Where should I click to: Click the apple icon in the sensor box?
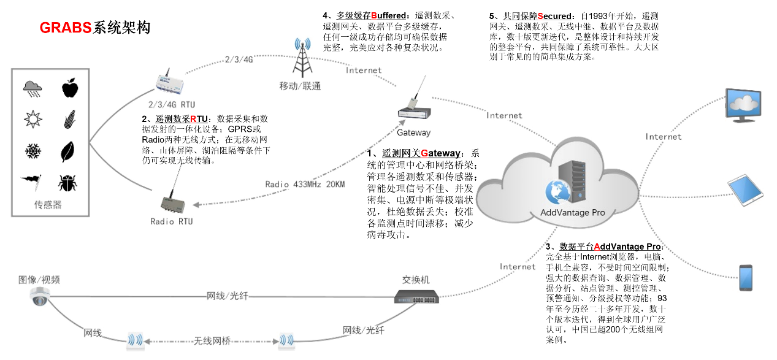(69, 88)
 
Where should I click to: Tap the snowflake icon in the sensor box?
(33, 150)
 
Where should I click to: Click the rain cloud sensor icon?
(33, 89)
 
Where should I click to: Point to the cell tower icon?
(301, 59)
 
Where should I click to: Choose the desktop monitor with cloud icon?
(744, 105)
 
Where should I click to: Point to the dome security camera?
(40, 297)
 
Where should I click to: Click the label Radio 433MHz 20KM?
(305, 184)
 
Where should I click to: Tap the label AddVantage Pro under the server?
(572, 213)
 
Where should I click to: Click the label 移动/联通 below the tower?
(300, 86)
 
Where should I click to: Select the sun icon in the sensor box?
(33, 119)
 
